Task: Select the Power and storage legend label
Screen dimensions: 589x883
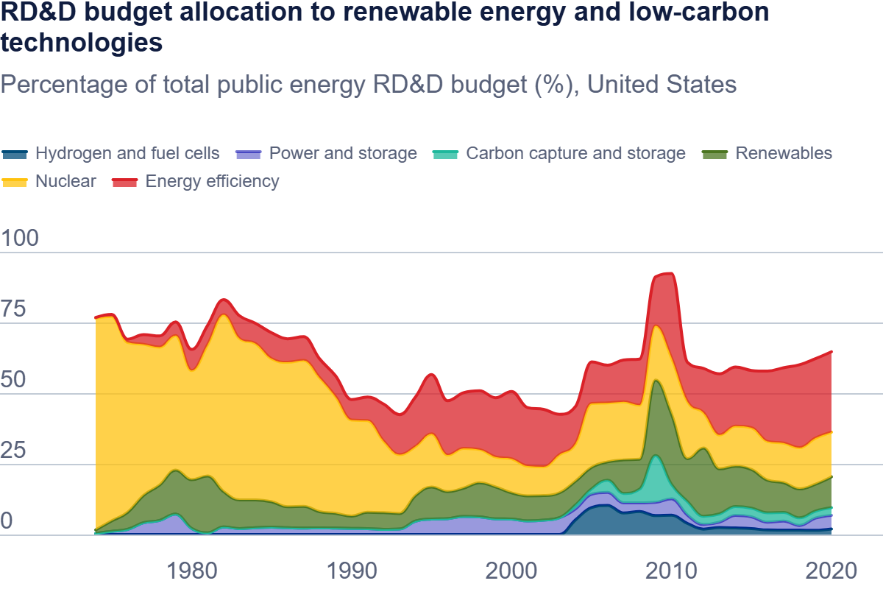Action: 343,153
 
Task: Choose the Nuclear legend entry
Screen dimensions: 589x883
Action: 65,181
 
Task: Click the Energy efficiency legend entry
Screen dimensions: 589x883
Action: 212,181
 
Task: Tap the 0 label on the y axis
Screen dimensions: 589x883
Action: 7,522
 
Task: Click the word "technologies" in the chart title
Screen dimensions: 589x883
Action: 81,43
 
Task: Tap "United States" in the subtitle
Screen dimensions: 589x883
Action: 662,84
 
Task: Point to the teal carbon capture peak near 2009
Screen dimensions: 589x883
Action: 655,456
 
